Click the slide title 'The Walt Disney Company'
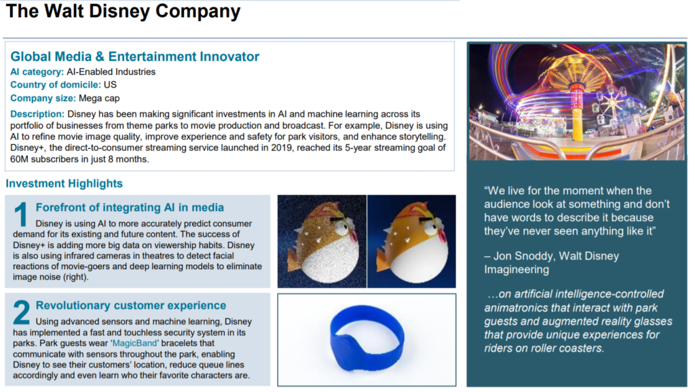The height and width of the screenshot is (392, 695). point(123,11)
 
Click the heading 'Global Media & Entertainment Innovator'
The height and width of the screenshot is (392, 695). point(135,56)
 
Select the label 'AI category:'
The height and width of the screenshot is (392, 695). point(37,72)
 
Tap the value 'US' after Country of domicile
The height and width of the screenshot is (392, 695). point(110,85)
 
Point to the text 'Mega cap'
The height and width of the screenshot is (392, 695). point(99,99)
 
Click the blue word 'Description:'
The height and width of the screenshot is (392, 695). point(37,114)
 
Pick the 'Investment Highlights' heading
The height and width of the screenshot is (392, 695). point(64,183)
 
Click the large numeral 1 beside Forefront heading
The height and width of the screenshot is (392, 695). point(21,214)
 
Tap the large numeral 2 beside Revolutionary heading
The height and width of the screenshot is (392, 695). point(22,312)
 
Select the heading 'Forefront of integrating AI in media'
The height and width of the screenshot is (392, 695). point(130,207)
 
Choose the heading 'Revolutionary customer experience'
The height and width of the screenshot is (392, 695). point(131,306)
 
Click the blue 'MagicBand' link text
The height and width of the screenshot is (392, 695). point(135,343)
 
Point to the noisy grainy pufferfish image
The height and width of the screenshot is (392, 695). point(322,241)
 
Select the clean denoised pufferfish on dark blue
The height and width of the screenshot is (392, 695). point(411,241)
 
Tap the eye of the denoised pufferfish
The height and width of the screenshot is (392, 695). point(430,228)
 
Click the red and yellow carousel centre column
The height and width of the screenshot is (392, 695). point(577,111)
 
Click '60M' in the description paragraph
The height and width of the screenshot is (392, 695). point(19,159)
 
